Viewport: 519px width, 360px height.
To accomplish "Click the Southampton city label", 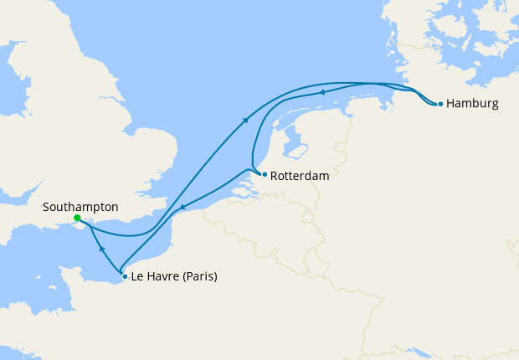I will pyautogui.click(x=81, y=206).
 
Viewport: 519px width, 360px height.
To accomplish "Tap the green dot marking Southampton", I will pyautogui.click(x=77, y=218).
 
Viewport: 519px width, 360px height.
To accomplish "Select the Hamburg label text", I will pyautogui.click(x=473, y=104).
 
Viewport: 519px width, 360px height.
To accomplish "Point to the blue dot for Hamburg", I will pyautogui.click(x=440, y=105).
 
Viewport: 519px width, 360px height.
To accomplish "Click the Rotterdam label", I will pyautogui.click(x=301, y=177).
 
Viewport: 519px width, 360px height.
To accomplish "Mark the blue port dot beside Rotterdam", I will pyautogui.click(x=265, y=175).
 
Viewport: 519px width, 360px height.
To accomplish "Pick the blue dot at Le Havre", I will pyautogui.click(x=125, y=276).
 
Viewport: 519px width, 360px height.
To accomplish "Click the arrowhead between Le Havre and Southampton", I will pyautogui.click(x=101, y=249).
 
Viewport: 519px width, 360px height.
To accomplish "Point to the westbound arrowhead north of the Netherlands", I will pyautogui.click(x=321, y=93).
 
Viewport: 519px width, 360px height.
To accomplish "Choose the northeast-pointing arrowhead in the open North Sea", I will pyautogui.click(x=246, y=121).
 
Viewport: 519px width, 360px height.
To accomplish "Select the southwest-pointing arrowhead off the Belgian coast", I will pyautogui.click(x=182, y=207).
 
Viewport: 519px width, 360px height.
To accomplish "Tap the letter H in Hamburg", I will pyautogui.click(x=451, y=104).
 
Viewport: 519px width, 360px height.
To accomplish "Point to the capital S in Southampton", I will pyautogui.click(x=47, y=206).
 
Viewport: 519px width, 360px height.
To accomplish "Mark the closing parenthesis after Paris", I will pyautogui.click(x=215, y=277).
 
